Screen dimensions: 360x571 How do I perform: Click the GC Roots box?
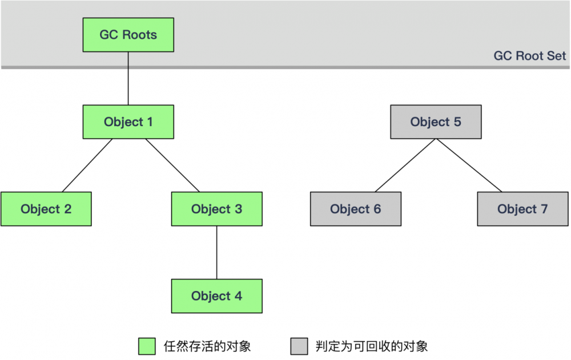[x=128, y=35]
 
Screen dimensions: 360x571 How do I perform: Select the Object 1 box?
[x=128, y=122]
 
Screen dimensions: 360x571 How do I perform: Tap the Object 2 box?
[x=46, y=209]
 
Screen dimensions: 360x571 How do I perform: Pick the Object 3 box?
[x=216, y=209]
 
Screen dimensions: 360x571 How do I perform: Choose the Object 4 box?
[x=216, y=296]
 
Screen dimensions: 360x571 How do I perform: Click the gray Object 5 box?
[x=436, y=122]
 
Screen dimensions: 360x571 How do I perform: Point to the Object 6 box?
[x=355, y=209]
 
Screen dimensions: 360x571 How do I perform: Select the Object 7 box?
[x=522, y=209]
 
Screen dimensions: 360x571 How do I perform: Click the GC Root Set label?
[x=529, y=56]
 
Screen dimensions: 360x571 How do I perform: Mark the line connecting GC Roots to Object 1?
[x=128, y=80]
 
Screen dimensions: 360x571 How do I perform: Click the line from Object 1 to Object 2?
[x=87, y=165]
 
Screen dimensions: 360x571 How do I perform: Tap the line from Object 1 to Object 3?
[x=172, y=165]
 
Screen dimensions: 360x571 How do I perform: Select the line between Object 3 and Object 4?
[x=216, y=252]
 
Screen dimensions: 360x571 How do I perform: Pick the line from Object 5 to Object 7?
[x=469, y=165]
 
